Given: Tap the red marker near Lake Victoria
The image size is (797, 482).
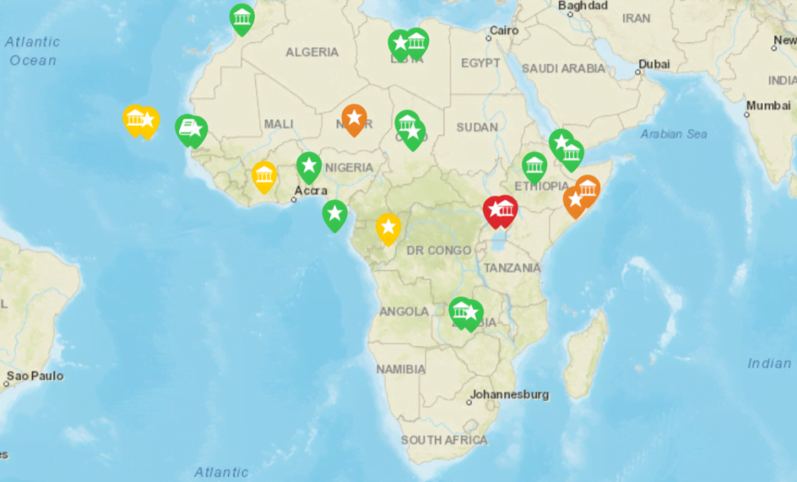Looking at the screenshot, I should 499,209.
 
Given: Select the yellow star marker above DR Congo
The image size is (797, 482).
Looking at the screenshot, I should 388,227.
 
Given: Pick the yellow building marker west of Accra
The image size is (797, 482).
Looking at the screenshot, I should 265,176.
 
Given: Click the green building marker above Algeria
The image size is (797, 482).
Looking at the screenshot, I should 242,18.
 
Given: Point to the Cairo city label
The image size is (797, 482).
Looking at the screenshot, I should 503,32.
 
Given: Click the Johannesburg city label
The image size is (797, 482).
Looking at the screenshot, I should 509,395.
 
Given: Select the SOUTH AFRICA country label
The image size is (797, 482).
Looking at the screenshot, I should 444,440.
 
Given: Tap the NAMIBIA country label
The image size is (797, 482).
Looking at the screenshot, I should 401,368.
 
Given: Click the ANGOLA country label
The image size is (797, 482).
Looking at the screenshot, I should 404,311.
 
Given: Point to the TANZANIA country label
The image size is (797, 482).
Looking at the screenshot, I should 512,268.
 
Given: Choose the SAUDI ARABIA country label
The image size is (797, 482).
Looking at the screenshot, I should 563,69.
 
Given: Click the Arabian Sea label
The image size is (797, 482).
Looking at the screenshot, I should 674,134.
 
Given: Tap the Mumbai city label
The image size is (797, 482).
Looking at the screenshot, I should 767,105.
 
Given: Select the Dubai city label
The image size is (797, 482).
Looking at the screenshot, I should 654,64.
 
